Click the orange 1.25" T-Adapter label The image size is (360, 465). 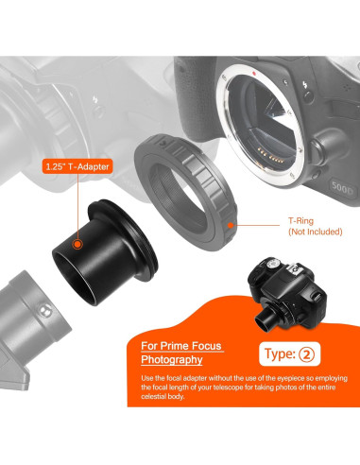pos(77,167)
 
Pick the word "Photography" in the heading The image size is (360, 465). pos(171,360)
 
